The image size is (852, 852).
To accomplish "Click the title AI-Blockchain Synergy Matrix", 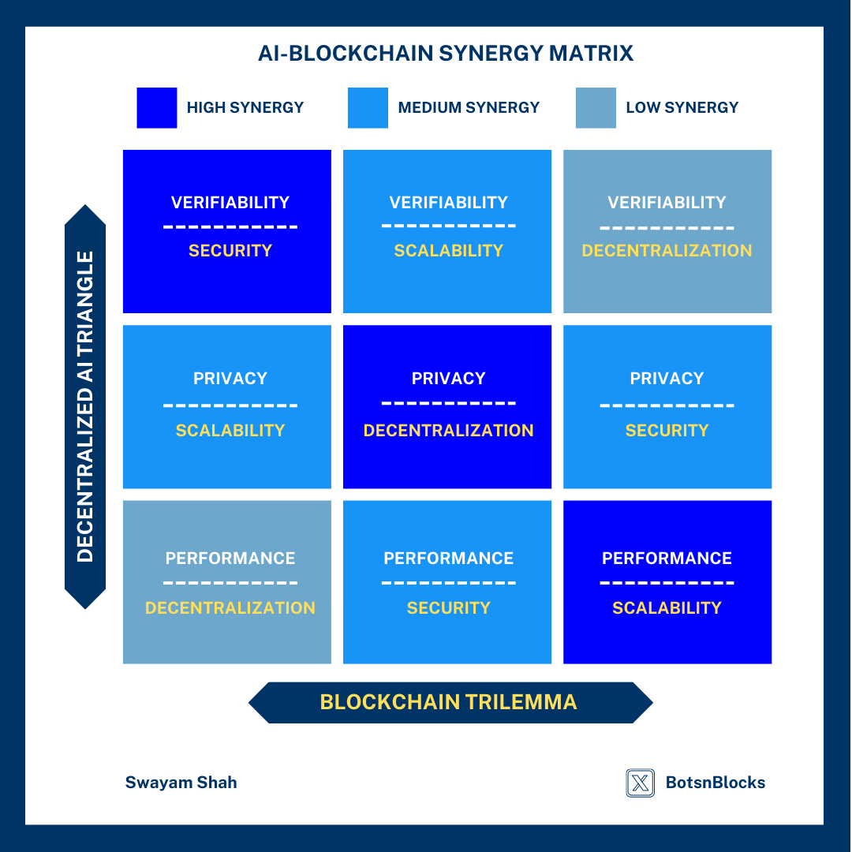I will [446, 54].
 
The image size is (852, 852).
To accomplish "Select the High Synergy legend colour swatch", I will [157, 107].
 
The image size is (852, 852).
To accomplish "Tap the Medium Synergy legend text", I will [469, 107].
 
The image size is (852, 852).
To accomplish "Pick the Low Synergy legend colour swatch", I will [596, 107].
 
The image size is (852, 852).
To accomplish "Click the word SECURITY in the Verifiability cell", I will [230, 251].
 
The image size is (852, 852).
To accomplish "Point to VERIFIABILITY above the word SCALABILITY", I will [448, 203].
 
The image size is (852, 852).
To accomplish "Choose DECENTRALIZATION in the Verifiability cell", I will [667, 251].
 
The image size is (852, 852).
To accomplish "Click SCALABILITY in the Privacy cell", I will [230, 431].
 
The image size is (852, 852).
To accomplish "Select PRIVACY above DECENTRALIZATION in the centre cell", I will [448, 379].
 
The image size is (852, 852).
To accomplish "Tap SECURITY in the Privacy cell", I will [667, 431].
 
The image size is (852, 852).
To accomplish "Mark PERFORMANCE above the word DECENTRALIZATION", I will [230, 559].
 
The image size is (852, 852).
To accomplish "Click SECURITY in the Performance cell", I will [448, 608].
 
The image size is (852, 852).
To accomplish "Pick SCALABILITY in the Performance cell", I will [667, 608].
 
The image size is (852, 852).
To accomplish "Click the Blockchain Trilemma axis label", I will [448, 702].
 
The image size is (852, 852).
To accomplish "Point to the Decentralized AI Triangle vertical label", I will [85, 406].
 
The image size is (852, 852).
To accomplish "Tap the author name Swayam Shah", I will [181, 783].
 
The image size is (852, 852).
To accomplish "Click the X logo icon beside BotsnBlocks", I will [640, 783].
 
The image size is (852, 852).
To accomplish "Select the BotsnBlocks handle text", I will [715, 783].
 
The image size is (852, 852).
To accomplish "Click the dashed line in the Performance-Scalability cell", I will [667, 583].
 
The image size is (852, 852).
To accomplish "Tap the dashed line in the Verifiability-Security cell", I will [230, 227].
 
